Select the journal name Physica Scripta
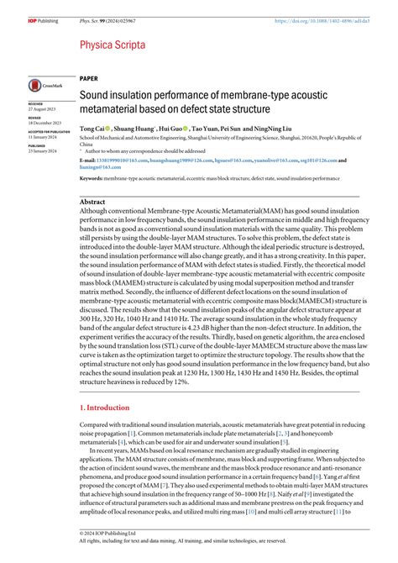(x=113, y=44)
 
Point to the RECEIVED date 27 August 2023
(x=43, y=109)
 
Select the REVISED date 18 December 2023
(x=45, y=124)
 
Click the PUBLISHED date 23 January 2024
(x=45, y=151)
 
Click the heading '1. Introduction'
(x=106, y=407)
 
